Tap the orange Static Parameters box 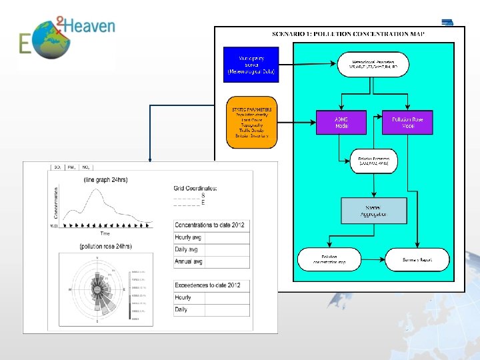[251, 123]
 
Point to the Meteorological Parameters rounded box [374, 65]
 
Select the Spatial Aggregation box [373, 210]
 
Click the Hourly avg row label [183, 237]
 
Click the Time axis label [105, 233]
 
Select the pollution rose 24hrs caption [105, 246]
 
